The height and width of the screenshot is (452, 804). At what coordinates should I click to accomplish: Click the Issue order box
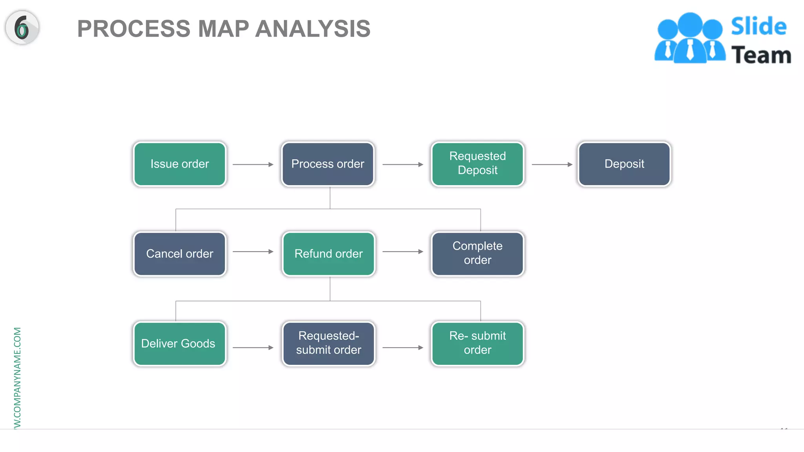click(x=180, y=164)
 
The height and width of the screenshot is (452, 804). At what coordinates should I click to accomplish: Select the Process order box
click(x=328, y=164)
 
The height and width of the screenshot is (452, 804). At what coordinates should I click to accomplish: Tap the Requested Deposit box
click(x=477, y=164)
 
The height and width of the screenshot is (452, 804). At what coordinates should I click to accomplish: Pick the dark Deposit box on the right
click(x=624, y=164)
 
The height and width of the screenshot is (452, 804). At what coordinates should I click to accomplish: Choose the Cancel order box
click(x=180, y=254)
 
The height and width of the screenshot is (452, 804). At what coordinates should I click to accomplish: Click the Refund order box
click(x=329, y=254)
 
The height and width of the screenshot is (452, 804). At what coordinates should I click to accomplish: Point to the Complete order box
click(x=477, y=254)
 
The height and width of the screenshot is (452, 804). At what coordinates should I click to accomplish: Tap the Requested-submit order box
click(x=329, y=344)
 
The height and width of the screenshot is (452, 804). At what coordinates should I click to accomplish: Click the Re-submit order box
click(x=477, y=344)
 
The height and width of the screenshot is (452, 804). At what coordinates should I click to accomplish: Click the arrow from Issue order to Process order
click(x=253, y=164)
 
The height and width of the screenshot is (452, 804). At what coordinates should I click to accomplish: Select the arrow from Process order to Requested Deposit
click(x=403, y=164)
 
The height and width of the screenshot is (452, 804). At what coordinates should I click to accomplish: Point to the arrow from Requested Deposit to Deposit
click(x=552, y=164)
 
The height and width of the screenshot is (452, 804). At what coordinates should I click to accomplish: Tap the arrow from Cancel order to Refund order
click(x=253, y=252)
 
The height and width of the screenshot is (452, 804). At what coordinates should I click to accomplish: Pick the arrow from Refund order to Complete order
click(x=403, y=252)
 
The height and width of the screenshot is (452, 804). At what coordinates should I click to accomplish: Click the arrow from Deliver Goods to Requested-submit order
click(x=253, y=348)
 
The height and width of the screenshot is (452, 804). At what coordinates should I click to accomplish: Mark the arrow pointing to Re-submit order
click(x=403, y=348)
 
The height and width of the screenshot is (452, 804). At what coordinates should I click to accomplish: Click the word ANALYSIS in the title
click(x=313, y=29)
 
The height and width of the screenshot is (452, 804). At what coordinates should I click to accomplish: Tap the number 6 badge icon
click(x=22, y=27)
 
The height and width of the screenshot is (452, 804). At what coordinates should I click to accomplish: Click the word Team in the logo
click(x=761, y=55)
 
